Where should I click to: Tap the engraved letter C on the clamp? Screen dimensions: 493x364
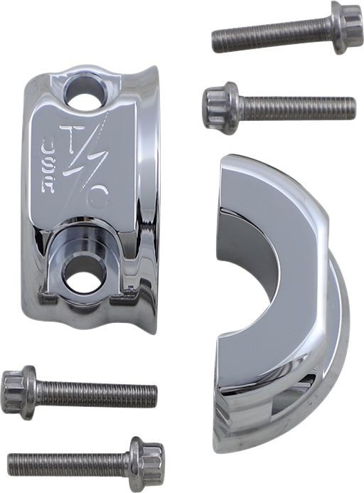[x=101, y=198]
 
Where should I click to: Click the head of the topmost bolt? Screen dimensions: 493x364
[x=346, y=27]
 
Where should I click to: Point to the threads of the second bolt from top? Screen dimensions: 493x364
[x=299, y=108]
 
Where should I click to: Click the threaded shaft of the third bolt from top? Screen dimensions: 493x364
[x=96, y=394]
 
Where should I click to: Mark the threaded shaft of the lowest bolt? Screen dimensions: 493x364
[x=68, y=463]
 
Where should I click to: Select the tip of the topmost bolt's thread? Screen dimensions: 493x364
[x=215, y=42]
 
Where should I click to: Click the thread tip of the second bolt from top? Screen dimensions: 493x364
[x=353, y=108]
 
